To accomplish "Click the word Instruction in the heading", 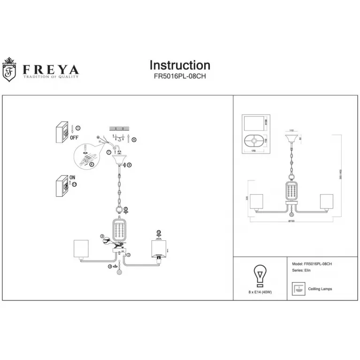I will pos(180,65).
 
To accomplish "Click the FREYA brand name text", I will pos(51,69).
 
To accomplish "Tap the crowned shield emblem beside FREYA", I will pos(9,69).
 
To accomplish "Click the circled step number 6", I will pos(134,139).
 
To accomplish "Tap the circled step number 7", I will pos(108,152).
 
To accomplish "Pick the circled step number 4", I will pos(110,266).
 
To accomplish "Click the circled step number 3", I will pos(101,237).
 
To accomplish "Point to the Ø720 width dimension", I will pos(291,221).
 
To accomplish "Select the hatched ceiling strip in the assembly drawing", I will pos(119,128).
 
